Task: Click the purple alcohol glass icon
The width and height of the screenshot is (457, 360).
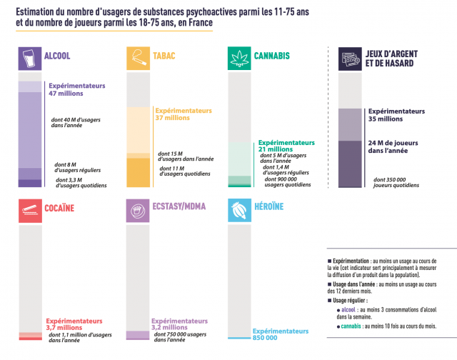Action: (x=29, y=58)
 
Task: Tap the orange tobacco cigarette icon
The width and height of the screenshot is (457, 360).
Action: (x=138, y=58)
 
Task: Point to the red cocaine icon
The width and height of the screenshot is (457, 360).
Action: (x=29, y=210)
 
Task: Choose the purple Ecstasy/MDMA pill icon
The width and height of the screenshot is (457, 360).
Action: (x=138, y=210)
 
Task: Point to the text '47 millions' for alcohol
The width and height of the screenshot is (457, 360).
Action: (x=66, y=94)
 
